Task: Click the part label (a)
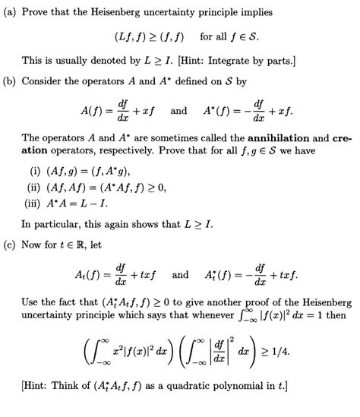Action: pos(12,13)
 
